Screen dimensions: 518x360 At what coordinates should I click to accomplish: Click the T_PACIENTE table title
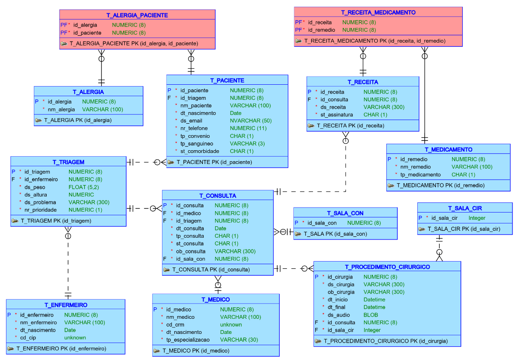pos(227,80)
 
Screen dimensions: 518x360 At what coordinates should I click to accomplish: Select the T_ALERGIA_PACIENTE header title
pos(137,15)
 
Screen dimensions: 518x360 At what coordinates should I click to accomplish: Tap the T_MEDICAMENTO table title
pos(448,149)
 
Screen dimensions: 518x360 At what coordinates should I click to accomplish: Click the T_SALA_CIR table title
pos(465,208)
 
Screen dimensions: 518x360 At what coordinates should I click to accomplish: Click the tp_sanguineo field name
pos(197,143)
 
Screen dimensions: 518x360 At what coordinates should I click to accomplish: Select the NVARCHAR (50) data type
pos(251,120)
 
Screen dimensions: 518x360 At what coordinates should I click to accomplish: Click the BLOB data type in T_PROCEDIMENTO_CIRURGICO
pos(371,315)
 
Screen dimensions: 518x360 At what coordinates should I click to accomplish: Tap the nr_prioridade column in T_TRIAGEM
pos(40,210)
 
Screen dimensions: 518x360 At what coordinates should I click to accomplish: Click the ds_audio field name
pos(339,315)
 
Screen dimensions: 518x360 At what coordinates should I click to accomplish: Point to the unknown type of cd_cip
pos(75,338)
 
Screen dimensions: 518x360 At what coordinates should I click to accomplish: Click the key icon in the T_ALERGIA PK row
pos(38,120)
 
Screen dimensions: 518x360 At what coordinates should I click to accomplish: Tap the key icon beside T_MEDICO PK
pos(156,351)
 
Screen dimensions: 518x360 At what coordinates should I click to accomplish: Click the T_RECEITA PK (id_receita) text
pos(351,125)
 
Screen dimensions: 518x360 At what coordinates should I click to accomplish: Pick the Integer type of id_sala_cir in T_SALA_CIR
pos(477,218)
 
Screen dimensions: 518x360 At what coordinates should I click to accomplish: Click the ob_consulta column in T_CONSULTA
pos(191,251)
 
